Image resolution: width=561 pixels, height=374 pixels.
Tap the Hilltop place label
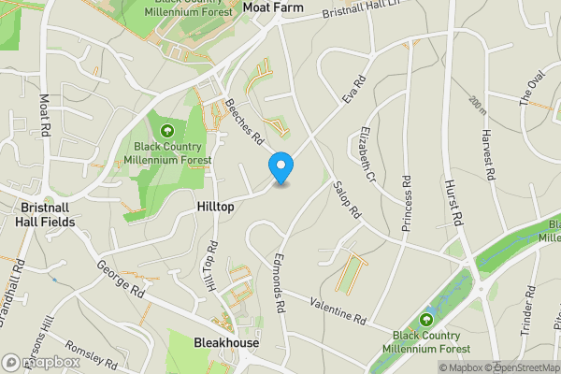point(216,204)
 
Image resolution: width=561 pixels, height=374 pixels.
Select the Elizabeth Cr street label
point(363,155)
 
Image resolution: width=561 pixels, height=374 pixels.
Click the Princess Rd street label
point(407,211)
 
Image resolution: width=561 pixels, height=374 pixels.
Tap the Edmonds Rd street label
point(279,275)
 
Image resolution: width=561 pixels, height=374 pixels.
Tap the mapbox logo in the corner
point(41,362)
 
